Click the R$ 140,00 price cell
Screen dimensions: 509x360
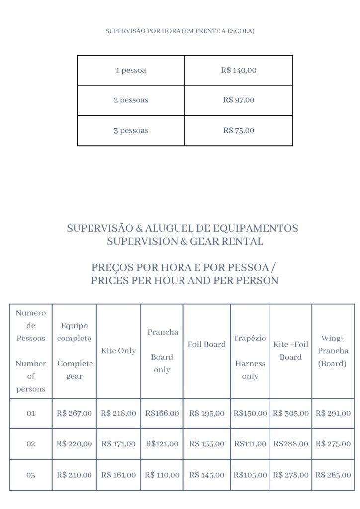pyautogui.click(x=239, y=70)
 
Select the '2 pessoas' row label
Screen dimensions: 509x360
pyautogui.click(x=131, y=100)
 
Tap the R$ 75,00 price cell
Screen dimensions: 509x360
pyautogui.click(x=239, y=131)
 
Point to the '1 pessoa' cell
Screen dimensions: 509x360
pyautogui.click(x=131, y=70)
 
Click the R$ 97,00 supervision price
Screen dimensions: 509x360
pyautogui.click(x=239, y=100)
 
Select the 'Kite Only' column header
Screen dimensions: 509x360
pyautogui.click(x=118, y=351)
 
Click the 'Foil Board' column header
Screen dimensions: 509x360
pyautogui.click(x=206, y=344)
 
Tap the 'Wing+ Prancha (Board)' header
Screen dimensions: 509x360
pyautogui.click(x=333, y=351)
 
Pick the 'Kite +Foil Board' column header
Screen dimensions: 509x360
pyautogui.click(x=290, y=351)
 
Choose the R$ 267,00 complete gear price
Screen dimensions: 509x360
pyautogui.click(x=74, y=413)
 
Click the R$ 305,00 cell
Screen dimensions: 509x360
pyautogui.click(x=291, y=413)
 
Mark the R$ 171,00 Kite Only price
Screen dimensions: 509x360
pyautogui.click(x=118, y=444)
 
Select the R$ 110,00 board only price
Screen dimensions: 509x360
pyautogui.click(x=162, y=475)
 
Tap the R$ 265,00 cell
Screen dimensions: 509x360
pyautogui.click(x=333, y=475)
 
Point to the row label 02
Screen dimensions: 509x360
pyautogui.click(x=31, y=444)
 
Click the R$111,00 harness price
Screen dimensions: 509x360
pyautogui.click(x=250, y=444)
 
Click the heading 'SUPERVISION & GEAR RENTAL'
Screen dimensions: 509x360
pyautogui.click(x=185, y=242)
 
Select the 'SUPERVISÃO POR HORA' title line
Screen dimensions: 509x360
pyautogui.click(x=180, y=31)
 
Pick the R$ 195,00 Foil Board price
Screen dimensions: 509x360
pyautogui.click(x=206, y=413)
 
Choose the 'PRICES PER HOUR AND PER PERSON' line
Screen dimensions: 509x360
pyautogui.click(x=185, y=280)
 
